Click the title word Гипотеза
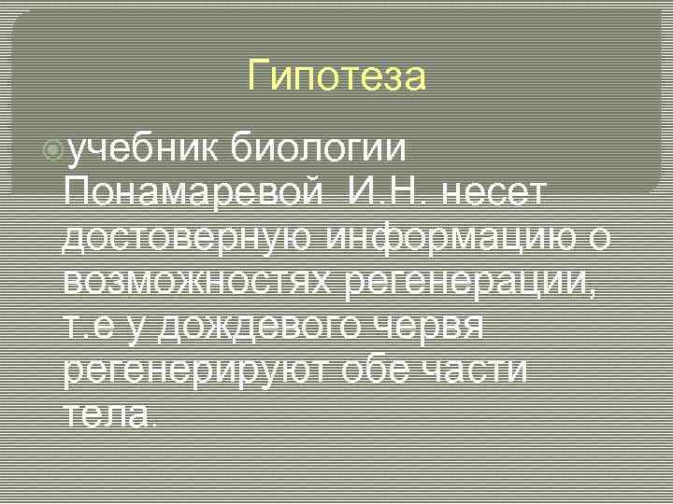(336, 77)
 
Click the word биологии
(320, 147)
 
